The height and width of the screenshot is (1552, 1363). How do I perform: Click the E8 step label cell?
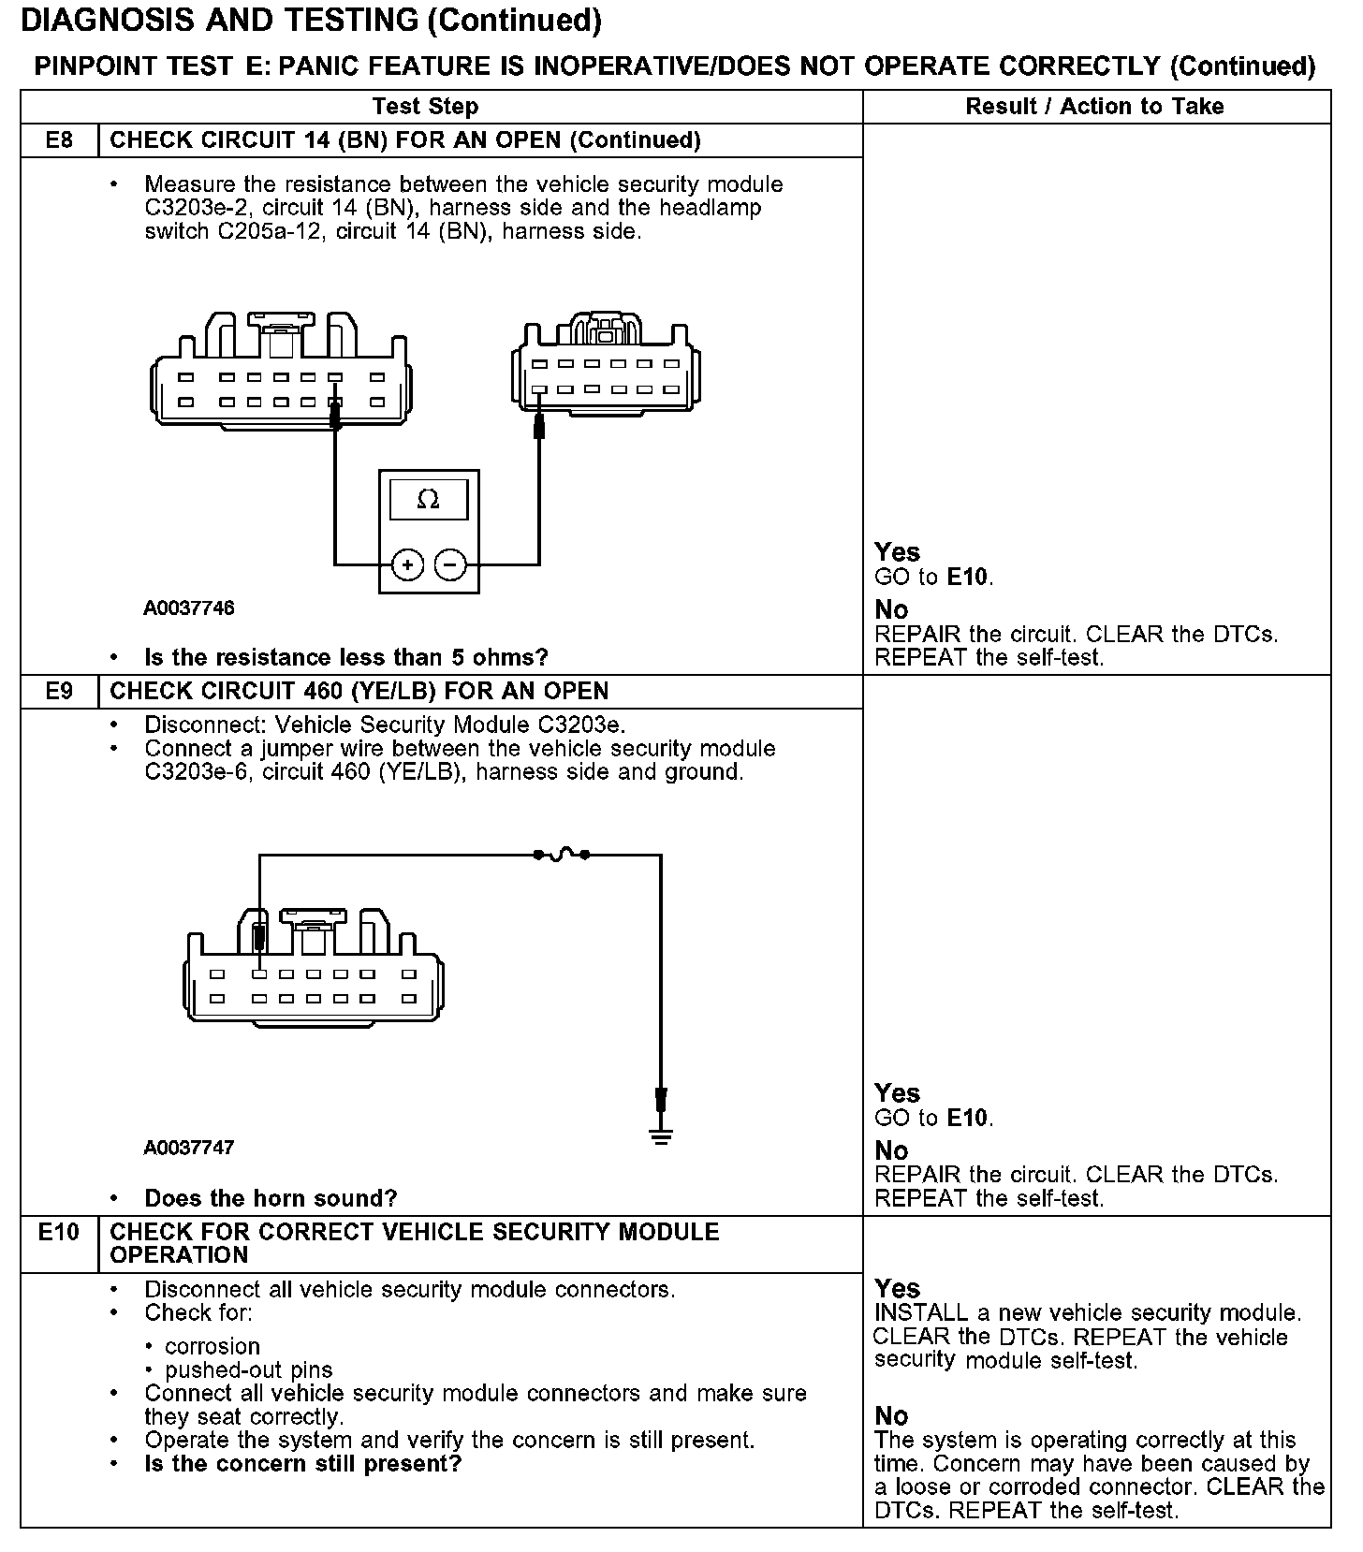(59, 140)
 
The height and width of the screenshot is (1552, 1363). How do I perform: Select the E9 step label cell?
(59, 692)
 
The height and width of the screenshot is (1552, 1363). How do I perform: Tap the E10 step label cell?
(59, 1233)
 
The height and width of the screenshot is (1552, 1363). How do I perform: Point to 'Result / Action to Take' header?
(1094, 107)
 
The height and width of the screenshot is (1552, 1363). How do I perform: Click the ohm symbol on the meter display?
(428, 500)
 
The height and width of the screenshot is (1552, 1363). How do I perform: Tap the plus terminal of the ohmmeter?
(407, 564)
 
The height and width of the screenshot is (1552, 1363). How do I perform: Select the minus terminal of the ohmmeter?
(450, 564)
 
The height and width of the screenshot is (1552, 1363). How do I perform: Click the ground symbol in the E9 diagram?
(661, 1136)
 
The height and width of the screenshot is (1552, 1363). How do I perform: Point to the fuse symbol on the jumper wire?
(561, 854)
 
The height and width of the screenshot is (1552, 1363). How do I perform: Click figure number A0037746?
(189, 608)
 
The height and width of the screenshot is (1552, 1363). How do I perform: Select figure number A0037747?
(189, 1148)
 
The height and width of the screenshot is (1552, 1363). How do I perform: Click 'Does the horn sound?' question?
(271, 1198)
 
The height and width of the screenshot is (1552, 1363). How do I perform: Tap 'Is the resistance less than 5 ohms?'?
(345, 657)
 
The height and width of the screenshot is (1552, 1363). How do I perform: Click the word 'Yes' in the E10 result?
(897, 1288)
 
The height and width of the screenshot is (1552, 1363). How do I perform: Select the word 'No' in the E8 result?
(891, 610)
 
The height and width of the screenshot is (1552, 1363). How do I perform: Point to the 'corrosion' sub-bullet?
(212, 1346)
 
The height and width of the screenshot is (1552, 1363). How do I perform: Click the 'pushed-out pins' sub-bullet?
(248, 1370)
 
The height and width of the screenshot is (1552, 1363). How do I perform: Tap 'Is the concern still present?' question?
(302, 1464)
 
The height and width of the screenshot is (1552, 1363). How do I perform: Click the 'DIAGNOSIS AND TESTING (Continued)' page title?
(311, 21)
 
